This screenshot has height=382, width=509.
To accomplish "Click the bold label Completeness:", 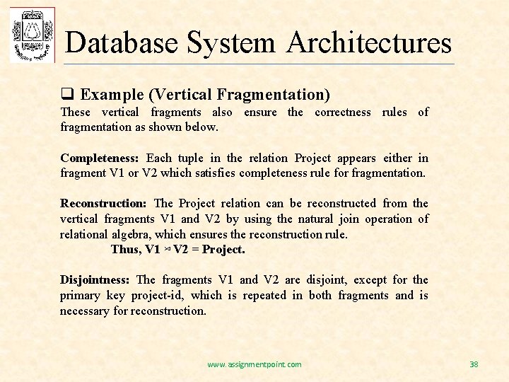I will (x=99, y=158).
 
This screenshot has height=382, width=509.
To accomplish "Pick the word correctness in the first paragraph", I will (x=342, y=112).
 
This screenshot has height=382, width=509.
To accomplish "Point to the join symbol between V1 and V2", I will (x=167, y=250).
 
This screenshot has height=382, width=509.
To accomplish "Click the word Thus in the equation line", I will (x=125, y=250).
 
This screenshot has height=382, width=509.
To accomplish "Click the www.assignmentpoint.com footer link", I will (x=254, y=364).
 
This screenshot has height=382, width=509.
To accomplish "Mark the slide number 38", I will (x=474, y=364).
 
